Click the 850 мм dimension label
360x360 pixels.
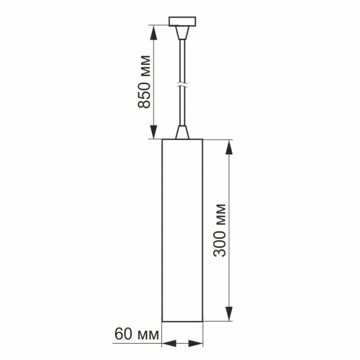click(x=143, y=80)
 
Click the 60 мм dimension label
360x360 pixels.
click(x=136, y=334)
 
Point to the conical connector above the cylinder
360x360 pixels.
click(x=183, y=131)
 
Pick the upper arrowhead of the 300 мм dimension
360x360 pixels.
click(x=229, y=146)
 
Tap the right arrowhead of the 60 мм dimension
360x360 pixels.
click(x=198, y=344)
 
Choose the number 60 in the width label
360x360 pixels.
click(x=122, y=334)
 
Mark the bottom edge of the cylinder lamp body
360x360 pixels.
click(x=182, y=322)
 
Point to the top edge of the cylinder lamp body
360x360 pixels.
click(x=182, y=139)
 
